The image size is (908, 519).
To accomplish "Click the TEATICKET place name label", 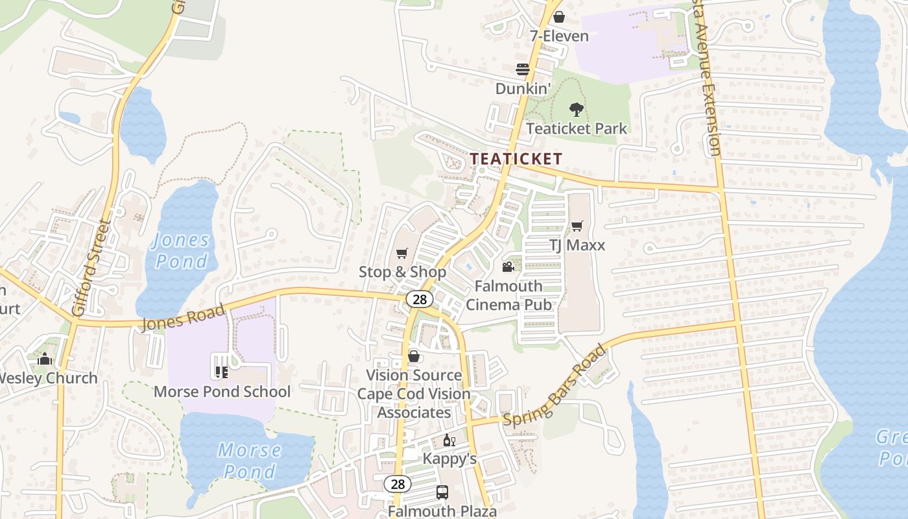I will [516, 158].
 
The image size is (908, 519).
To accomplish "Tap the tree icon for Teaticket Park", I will [576, 110].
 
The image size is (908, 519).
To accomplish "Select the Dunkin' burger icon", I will [523, 69].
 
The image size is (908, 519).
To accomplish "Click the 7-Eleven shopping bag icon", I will [558, 17].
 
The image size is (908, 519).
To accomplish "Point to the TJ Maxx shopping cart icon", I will [577, 226].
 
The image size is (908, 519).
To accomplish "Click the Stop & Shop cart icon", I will [402, 253].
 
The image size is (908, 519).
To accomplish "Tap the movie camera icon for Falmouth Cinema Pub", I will [508, 267].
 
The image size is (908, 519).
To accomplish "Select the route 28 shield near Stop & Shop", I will [420, 298].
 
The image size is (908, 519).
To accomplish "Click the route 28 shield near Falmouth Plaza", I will [397, 484].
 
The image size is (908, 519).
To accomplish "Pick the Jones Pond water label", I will [181, 250].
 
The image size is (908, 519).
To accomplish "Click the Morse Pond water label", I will [250, 460].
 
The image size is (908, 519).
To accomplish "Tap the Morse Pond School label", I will [222, 391].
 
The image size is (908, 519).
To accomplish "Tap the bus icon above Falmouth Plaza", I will [442, 492].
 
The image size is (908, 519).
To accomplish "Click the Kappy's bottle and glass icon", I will [449, 440].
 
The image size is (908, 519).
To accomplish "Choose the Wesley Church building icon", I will [45, 358].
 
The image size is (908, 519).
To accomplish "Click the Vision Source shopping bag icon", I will [414, 356].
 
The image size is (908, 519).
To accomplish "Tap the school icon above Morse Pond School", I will [221, 372].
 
